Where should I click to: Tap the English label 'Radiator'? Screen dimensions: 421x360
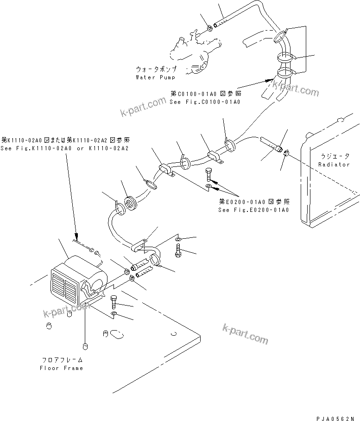coord(335,165)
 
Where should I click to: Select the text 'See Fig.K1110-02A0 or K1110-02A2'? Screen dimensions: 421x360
coord(65,148)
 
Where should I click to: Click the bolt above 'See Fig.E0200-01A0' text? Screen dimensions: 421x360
coord(208,176)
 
